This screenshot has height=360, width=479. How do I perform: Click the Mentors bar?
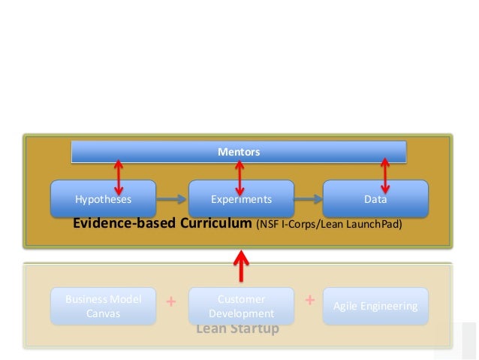click(239, 152)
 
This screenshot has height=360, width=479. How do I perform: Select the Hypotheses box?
click(103, 199)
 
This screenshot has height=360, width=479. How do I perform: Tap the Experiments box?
click(240, 199)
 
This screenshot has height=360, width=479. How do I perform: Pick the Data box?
click(375, 199)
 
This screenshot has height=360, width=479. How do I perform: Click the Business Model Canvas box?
click(103, 306)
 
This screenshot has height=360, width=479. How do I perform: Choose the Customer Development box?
click(241, 305)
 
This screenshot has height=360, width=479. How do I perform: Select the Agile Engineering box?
click(375, 306)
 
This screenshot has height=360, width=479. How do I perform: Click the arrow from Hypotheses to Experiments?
click(172, 199)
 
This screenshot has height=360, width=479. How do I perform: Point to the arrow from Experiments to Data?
click(308, 199)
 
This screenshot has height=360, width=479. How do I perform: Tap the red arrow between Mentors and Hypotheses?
click(118, 176)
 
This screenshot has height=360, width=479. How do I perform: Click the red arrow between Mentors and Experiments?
click(239, 176)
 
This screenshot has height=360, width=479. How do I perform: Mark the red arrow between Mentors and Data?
click(385, 176)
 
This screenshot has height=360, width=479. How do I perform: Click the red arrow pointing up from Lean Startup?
click(241, 265)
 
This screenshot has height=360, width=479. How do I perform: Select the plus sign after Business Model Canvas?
click(171, 302)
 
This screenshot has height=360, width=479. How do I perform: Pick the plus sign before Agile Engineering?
click(309, 300)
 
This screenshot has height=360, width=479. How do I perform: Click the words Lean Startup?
click(237, 329)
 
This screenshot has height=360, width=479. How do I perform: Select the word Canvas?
click(103, 313)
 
